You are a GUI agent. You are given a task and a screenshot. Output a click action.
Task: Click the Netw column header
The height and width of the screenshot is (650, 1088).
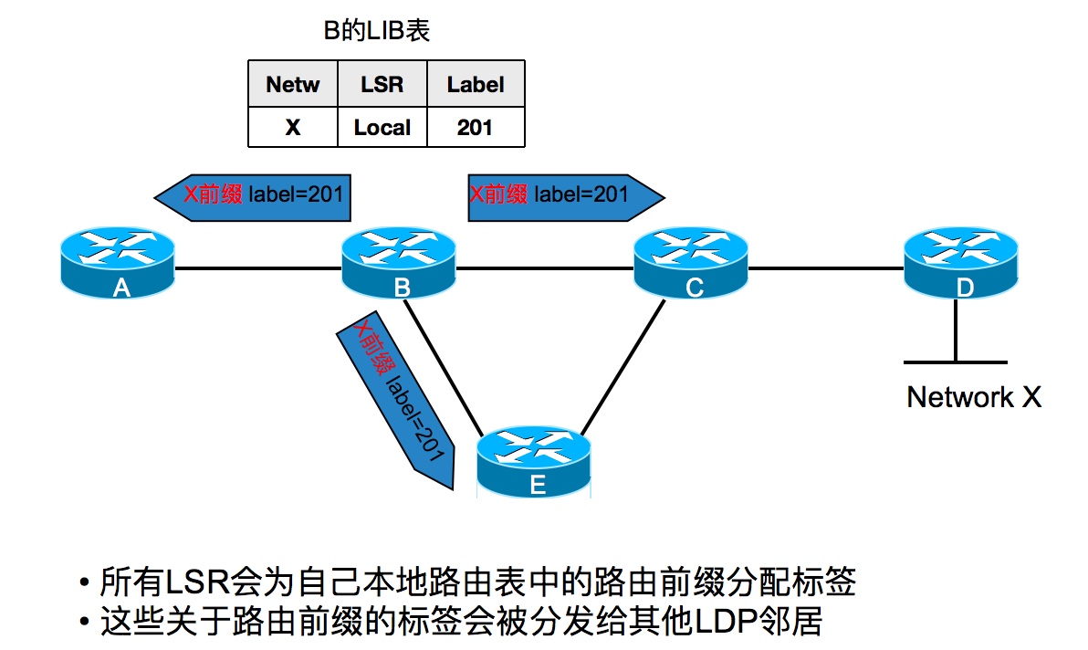(x=293, y=85)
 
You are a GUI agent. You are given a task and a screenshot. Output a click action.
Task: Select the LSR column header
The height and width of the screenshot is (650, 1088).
(x=382, y=85)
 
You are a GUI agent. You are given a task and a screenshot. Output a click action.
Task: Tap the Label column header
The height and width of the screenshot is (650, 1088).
(x=476, y=85)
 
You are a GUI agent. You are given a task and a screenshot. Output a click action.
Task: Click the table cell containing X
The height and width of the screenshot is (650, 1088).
(x=293, y=127)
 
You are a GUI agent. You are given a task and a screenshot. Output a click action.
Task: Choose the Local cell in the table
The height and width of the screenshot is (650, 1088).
(x=382, y=127)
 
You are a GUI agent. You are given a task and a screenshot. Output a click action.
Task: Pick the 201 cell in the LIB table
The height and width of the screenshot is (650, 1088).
(x=476, y=127)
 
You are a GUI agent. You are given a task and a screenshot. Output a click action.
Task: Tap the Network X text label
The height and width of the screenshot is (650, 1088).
(x=973, y=397)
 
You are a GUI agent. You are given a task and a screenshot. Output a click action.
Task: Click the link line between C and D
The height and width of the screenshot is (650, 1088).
(x=825, y=268)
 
